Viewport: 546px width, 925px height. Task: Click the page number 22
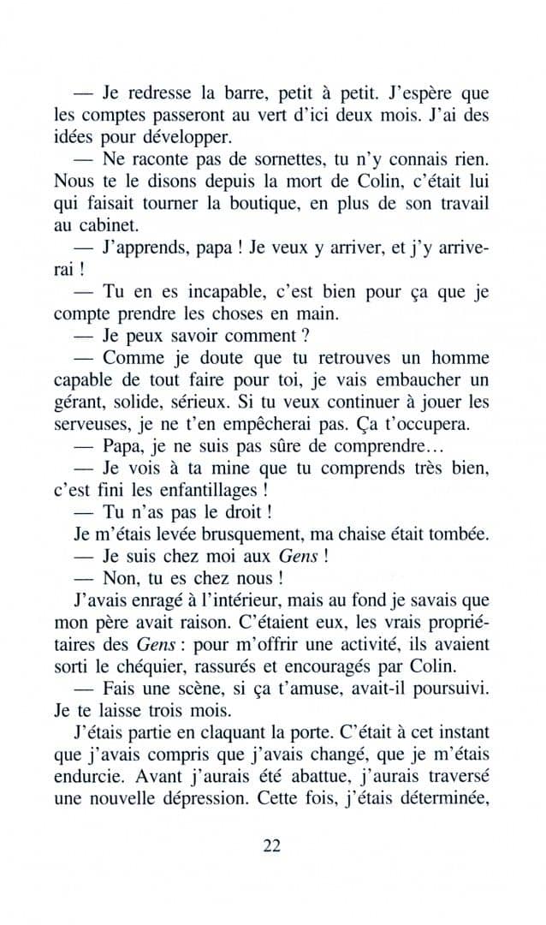point(272,845)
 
